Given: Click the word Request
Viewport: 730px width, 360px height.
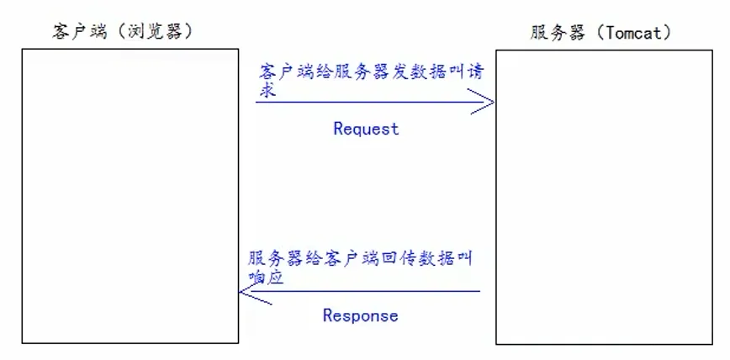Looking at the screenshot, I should pyautogui.click(x=365, y=129).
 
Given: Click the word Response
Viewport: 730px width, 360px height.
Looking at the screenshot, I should pyautogui.click(x=360, y=315).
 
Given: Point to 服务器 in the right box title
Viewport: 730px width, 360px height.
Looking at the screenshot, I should pyautogui.click(x=556, y=33).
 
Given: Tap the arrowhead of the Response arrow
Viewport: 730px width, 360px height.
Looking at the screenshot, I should pyautogui.click(x=246, y=292).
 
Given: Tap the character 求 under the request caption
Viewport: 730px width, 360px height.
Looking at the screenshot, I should pyautogui.click(x=267, y=91).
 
